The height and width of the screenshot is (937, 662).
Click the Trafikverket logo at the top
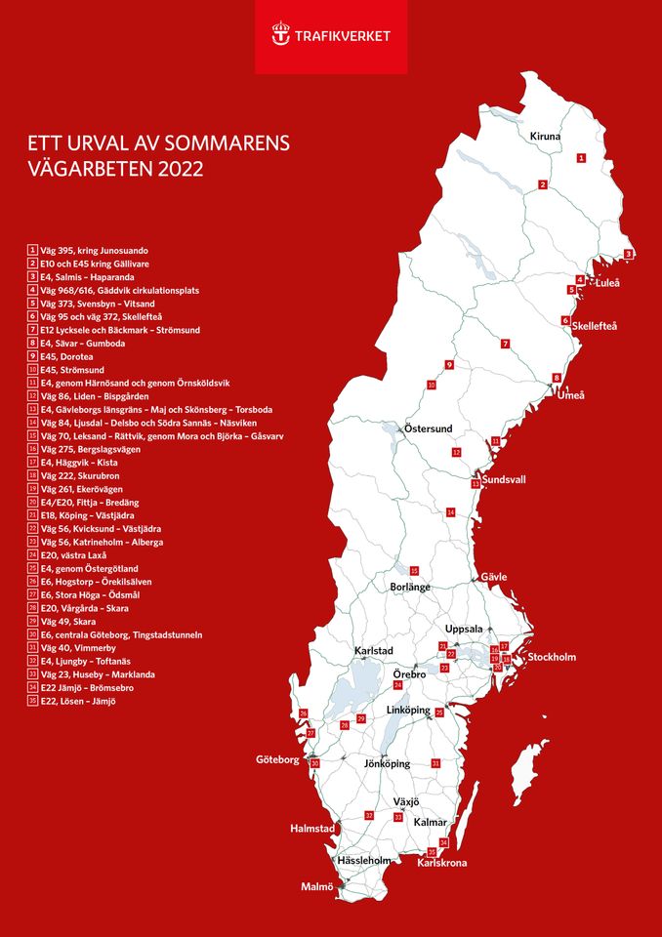tap(331, 36)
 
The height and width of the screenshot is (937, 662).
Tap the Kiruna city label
tap(546, 137)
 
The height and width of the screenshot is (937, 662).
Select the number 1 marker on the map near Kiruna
tap(581, 157)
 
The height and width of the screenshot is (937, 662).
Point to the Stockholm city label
tap(552, 658)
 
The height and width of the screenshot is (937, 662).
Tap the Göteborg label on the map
tap(277, 759)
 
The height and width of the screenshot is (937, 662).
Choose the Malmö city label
tap(316, 886)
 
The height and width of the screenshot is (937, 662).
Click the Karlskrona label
tap(441, 863)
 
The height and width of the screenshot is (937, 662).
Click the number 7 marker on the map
tap(505, 344)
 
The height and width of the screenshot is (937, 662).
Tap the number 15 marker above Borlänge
tap(414, 570)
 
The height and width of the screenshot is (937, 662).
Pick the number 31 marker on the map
tap(435, 762)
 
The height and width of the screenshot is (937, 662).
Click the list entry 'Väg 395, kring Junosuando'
tap(93, 251)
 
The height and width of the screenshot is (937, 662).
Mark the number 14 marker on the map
tap(450, 511)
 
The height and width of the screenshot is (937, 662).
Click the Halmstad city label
tap(312, 829)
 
